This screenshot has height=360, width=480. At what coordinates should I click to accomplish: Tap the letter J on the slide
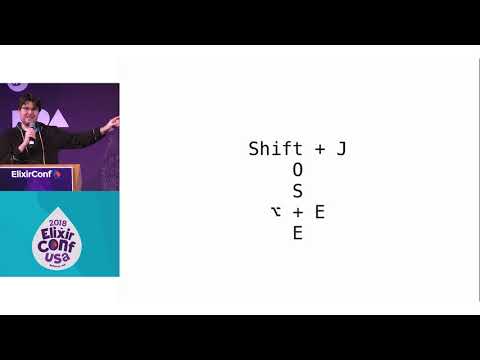click(x=341, y=149)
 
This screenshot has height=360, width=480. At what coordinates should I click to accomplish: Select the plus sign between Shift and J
click(x=319, y=149)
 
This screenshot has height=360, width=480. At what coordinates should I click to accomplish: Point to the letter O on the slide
click(x=297, y=170)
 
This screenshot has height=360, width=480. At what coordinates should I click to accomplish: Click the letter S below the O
click(x=297, y=191)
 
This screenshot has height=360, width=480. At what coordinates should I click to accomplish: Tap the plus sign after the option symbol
click(x=297, y=212)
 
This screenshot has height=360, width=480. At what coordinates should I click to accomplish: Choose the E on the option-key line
click(x=319, y=212)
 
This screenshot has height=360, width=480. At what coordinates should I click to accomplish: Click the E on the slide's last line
click(x=297, y=234)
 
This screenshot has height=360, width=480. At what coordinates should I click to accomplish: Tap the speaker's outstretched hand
click(x=113, y=122)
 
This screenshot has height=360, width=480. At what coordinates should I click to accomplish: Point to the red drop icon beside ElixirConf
click(x=58, y=173)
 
